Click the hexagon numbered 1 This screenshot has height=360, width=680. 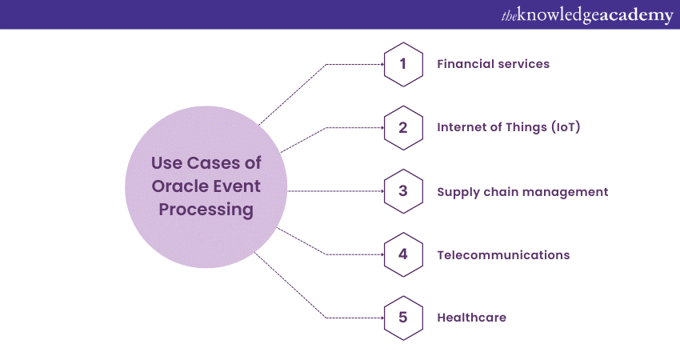[x=403, y=64]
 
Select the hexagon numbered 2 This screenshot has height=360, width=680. [x=403, y=127]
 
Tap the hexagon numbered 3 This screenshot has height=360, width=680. [x=403, y=191]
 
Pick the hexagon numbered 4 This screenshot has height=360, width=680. [x=403, y=254]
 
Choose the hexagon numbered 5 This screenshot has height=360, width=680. [x=403, y=318]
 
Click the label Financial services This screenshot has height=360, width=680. [x=493, y=64]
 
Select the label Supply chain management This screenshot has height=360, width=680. [x=522, y=192]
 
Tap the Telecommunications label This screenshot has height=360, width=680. [x=503, y=255]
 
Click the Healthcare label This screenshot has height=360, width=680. [x=471, y=318]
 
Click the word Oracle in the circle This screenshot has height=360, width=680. [x=174, y=187]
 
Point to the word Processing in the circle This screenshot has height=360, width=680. [x=207, y=210]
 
